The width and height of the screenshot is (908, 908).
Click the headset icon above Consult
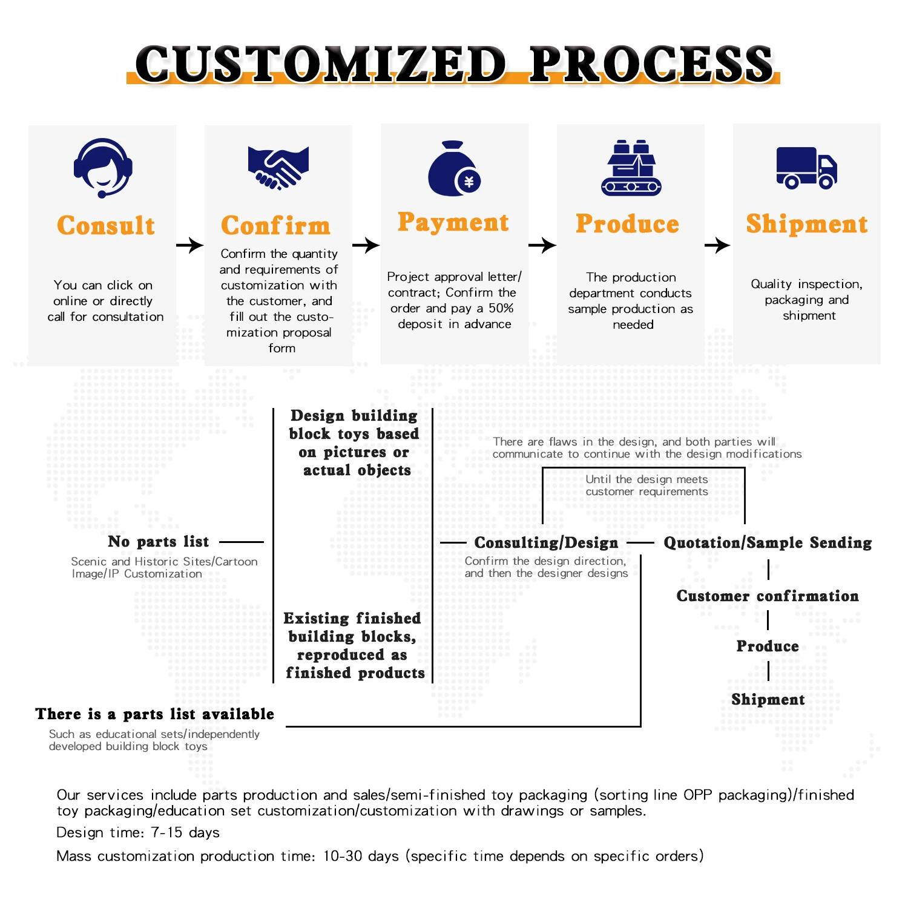[x=103, y=167]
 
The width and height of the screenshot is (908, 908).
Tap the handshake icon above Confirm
[x=278, y=167]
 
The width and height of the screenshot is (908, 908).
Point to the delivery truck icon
[x=806, y=168]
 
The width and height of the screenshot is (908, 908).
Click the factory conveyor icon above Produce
[x=631, y=168]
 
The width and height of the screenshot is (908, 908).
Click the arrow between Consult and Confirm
[x=189, y=245]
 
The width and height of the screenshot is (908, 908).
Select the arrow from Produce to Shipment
[x=718, y=245]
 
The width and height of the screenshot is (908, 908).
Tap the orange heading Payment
[x=453, y=222]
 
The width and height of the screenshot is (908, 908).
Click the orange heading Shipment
[x=806, y=223]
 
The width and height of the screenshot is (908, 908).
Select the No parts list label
[x=159, y=541]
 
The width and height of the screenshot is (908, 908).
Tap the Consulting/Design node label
[x=546, y=542]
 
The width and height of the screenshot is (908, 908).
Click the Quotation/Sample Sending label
[x=768, y=542]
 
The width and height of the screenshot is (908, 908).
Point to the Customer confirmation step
[x=768, y=596]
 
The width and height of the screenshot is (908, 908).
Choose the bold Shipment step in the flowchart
[x=768, y=699]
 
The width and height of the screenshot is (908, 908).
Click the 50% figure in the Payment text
[x=501, y=308]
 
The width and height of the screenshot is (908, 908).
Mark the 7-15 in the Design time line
[x=167, y=832]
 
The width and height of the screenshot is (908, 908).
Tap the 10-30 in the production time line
[x=343, y=856]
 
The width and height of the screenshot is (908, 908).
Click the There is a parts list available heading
[x=154, y=714]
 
